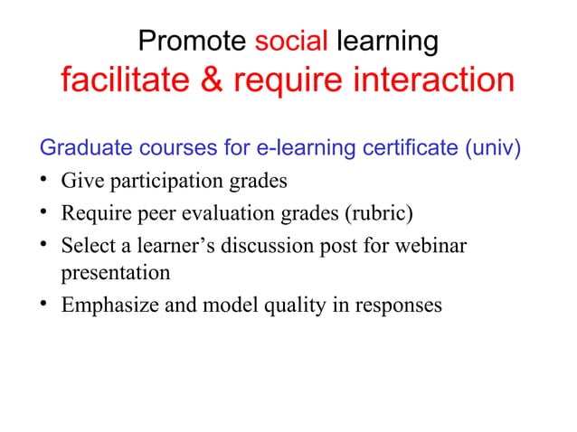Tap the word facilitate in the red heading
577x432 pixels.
point(124,82)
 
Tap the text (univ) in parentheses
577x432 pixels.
point(494,147)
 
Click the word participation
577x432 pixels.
point(162,182)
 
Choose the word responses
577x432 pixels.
point(394,305)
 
